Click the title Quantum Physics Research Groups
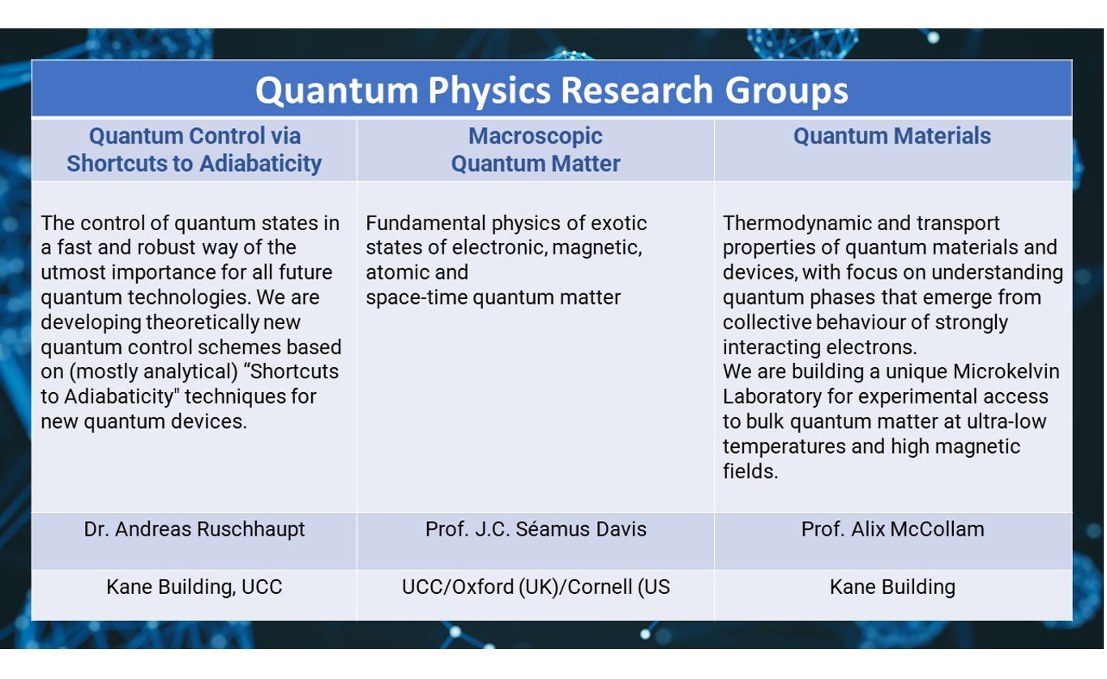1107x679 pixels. pos(552,91)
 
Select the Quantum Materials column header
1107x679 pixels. pos(892,136)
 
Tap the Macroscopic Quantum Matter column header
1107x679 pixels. pos(535,150)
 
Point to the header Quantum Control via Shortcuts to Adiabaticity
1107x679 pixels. pos(194,150)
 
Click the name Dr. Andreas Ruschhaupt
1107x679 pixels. pos(194,529)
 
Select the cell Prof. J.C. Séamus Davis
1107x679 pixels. pos(536,529)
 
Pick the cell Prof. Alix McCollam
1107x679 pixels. pos(892,529)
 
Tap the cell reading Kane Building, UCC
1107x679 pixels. pos(194,587)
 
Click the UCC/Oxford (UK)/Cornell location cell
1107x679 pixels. pos(536,587)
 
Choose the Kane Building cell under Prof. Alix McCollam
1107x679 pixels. pos(892,587)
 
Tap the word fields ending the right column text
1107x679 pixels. pos(750,471)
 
